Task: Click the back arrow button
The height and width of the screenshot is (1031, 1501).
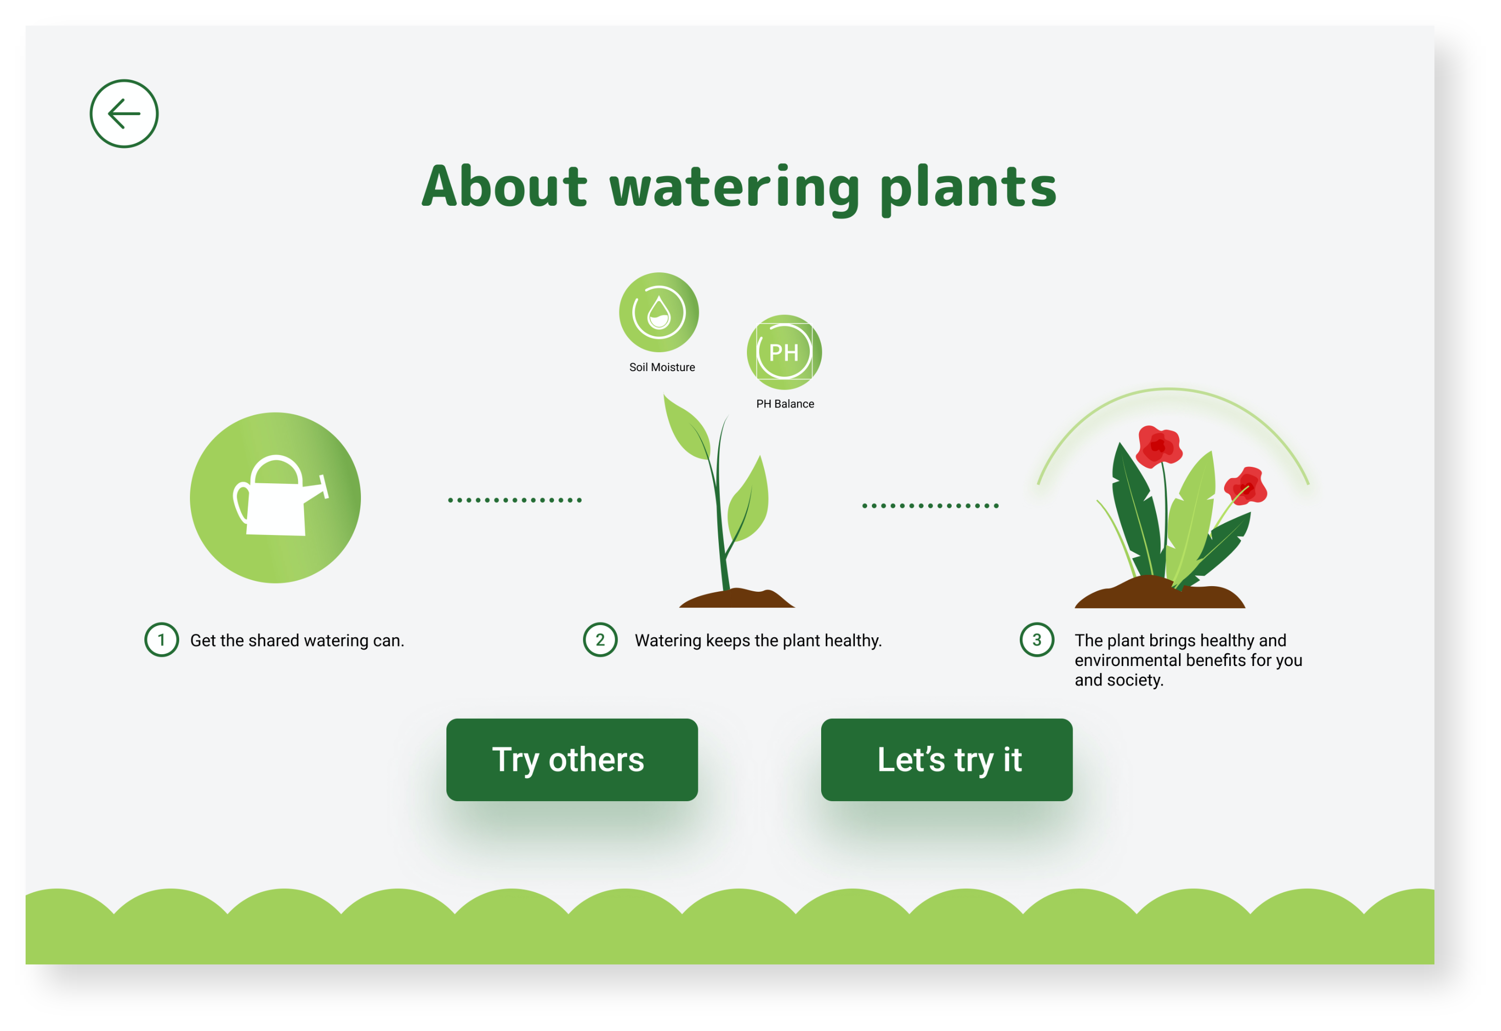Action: pos(124,114)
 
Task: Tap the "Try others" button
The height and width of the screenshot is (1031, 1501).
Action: pos(572,760)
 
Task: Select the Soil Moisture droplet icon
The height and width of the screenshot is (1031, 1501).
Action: pos(659,312)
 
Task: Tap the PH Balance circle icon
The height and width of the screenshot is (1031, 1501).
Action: pos(784,352)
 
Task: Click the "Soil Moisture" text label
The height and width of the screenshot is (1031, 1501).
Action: pos(662,367)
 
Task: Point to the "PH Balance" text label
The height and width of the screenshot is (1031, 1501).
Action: pos(785,404)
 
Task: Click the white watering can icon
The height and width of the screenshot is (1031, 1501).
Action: pos(281,496)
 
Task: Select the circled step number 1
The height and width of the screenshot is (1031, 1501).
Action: pos(161,639)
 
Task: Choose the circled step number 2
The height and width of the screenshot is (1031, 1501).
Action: pos(600,639)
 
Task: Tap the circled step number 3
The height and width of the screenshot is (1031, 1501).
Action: pos(1037,639)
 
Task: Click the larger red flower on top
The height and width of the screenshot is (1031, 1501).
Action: pos(1159,446)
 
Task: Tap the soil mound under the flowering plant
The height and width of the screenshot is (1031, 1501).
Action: pos(1160,593)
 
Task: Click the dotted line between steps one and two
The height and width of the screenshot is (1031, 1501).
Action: pos(515,500)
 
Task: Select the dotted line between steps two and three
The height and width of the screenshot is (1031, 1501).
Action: pos(930,506)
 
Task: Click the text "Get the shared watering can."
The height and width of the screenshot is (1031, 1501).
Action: pos(297,640)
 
